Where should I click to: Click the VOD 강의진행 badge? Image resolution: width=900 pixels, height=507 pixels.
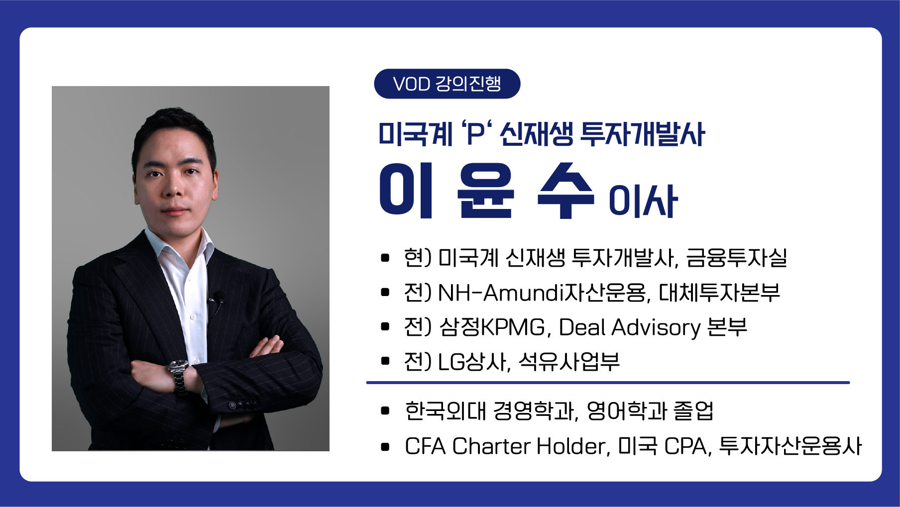(447, 84)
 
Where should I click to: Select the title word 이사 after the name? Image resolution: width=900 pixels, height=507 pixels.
(643, 201)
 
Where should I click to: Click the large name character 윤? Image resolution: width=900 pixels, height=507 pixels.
(486, 190)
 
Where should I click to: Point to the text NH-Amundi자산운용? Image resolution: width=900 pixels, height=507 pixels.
(542, 293)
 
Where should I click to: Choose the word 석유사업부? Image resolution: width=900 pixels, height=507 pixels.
(569, 362)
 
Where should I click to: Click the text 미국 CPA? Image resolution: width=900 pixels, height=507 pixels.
(662, 446)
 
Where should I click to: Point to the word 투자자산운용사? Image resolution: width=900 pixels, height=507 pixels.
(790, 446)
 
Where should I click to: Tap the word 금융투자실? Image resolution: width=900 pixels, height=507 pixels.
(736, 258)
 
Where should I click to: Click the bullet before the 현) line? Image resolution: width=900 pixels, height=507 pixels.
(385, 258)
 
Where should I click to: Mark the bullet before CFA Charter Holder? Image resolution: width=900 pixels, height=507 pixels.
(385, 446)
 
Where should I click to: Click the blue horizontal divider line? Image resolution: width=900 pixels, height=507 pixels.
(608, 383)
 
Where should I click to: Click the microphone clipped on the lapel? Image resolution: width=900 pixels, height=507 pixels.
(216, 301)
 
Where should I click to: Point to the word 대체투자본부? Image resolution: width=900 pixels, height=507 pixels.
(719, 293)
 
